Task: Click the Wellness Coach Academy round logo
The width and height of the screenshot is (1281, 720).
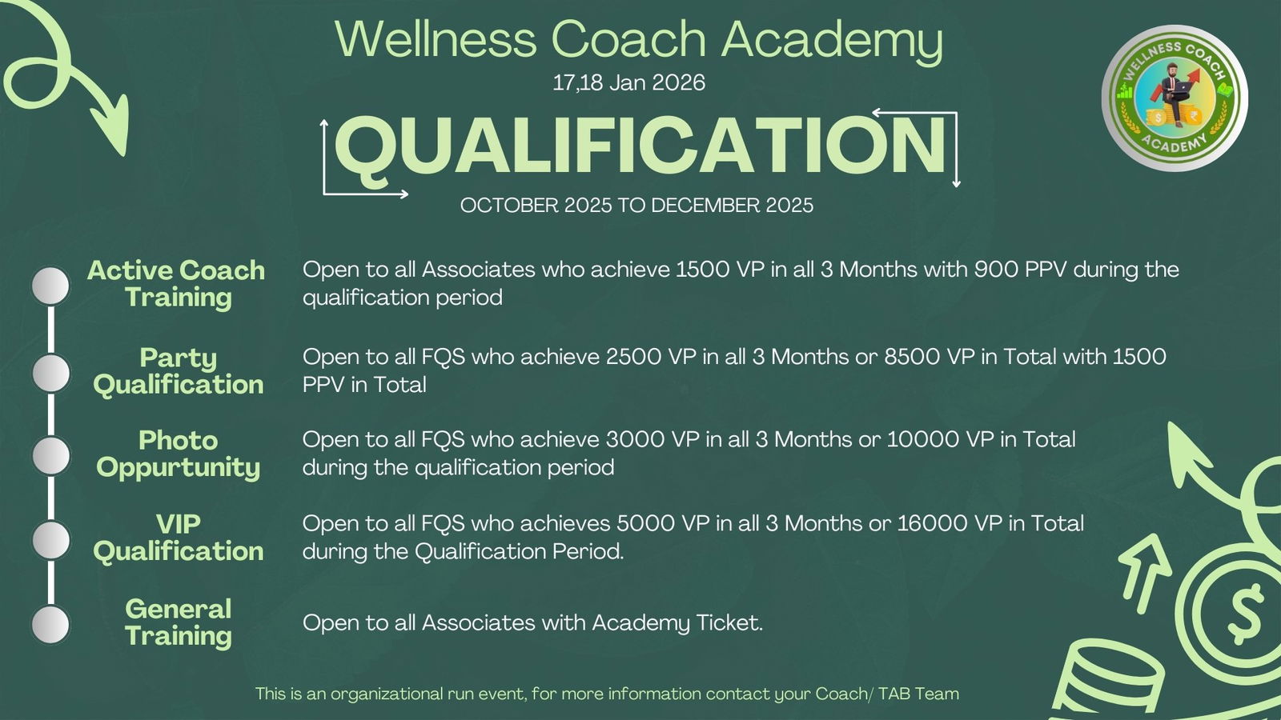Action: pyautogui.click(x=1175, y=98)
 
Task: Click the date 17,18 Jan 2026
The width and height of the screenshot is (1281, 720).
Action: pyautogui.click(x=628, y=83)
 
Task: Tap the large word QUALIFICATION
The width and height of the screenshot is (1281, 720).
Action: pyautogui.click(x=640, y=147)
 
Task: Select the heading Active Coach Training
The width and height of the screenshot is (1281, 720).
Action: pyautogui.click(x=177, y=284)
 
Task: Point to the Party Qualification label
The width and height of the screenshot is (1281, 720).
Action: pyautogui.click(x=179, y=371)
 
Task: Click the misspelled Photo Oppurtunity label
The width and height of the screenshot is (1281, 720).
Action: pyautogui.click(x=179, y=454)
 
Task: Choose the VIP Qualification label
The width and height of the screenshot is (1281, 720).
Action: pyautogui.click(x=179, y=538)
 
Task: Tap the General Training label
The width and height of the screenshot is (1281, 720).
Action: pyautogui.click(x=179, y=622)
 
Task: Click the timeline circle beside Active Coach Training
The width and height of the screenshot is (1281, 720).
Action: pyautogui.click(x=51, y=286)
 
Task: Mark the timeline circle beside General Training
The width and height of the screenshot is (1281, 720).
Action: pyautogui.click(x=51, y=625)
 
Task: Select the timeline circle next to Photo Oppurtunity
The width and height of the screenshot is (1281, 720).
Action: pyautogui.click(x=51, y=455)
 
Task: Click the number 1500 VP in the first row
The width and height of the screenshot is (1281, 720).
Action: pyautogui.click(x=720, y=269)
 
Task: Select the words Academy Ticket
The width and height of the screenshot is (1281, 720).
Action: pyautogui.click(x=677, y=623)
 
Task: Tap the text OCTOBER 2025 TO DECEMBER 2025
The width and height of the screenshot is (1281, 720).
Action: pyautogui.click(x=636, y=206)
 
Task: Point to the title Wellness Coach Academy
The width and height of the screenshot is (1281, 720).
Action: pyautogui.click(x=639, y=39)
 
